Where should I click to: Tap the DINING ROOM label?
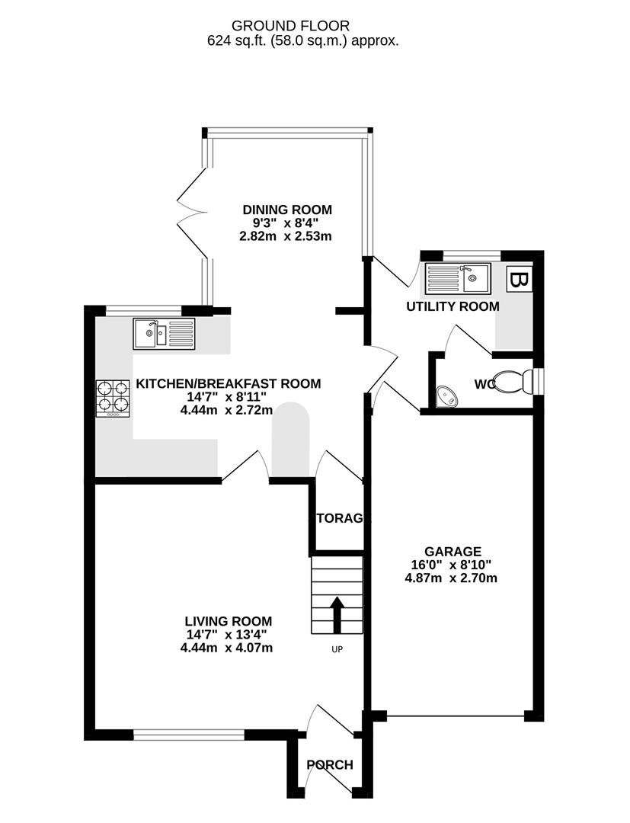[x=287, y=210]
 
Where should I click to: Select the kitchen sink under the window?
[x=164, y=334]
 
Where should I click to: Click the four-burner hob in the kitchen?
[x=111, y=399]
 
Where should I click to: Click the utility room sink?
[x=458, y=277]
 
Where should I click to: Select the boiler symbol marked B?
[x=520, y=280]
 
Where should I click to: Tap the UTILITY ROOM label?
[x=453, y=306]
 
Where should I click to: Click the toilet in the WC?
[x=512, y=381]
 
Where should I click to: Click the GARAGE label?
[x=453, y=551]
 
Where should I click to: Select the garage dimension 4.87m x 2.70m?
[x=452, y=578]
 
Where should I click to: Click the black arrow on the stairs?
[x=337, y=611]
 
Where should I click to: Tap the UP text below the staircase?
[x=336, y=650]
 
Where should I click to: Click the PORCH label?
[x=330, y=765]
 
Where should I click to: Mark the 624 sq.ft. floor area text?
[x=302, y=41]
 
